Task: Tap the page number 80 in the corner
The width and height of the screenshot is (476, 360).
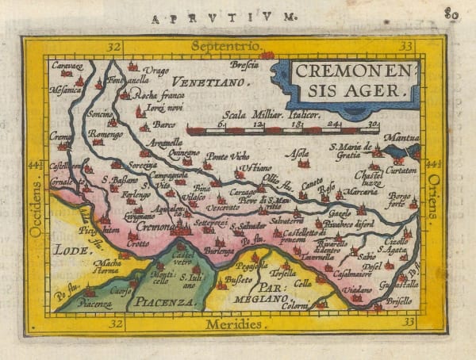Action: pyautogui.click(x=452, y=12)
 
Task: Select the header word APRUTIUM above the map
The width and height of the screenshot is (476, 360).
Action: pyautogui.click(x=225, y=15)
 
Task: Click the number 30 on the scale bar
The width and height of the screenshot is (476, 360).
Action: pyautogui.click(x=374, y=124)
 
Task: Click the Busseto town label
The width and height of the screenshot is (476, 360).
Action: pyautogui.click(x=240, y=281)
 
